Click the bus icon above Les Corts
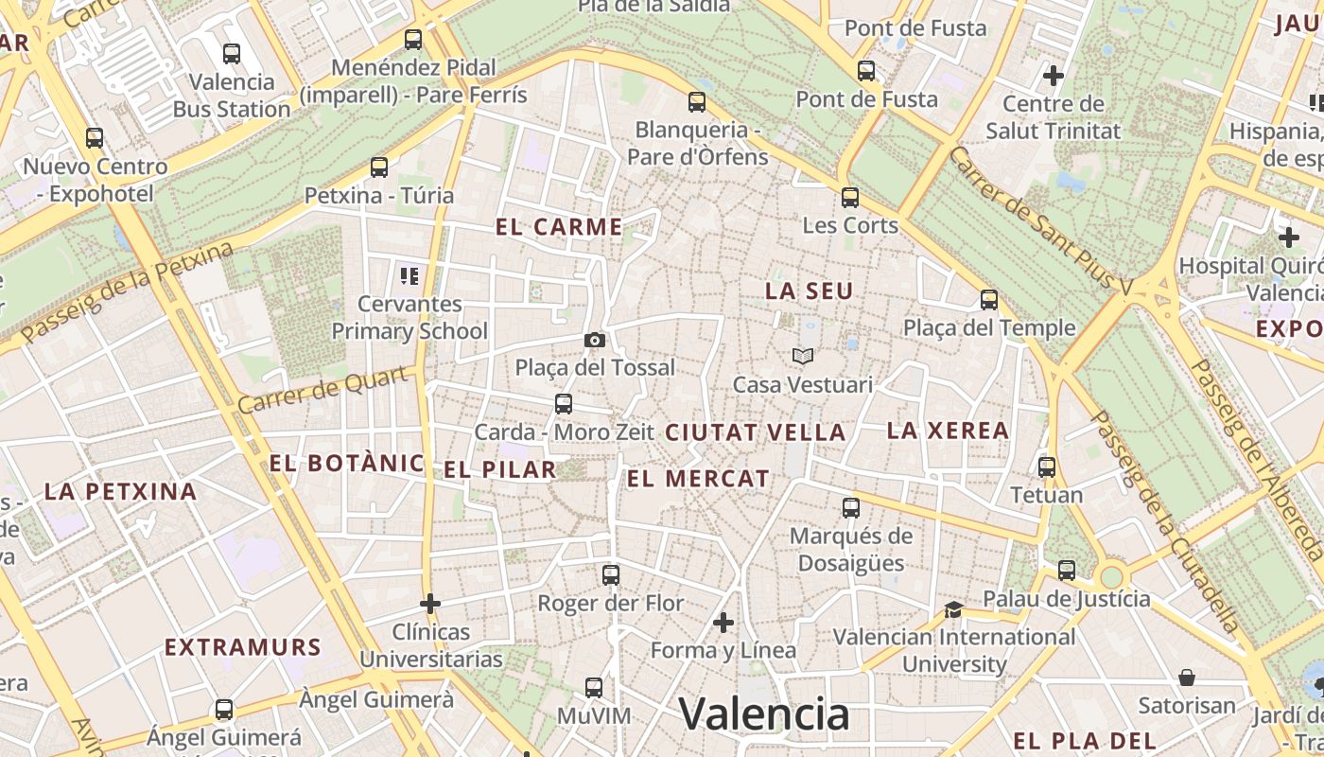(x=850, y=198)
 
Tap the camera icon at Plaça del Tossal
(x=595, y=340)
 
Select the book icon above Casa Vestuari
(x=803, y=357)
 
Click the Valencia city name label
(x=764, y=713)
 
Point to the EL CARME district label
(x=559, y=227)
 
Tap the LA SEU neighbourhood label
(x=810, y=291)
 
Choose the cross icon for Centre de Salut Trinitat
(x=1054, y=75)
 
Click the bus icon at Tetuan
(x=1047, y=467)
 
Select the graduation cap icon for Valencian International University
(x=953, y=609)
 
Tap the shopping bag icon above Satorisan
(x=1187, y=678)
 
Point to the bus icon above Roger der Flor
(x=611, y=574)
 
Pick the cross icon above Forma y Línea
(x=723, y=623)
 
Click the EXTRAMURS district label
(x=243, y=647)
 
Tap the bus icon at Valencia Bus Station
(x=232, y=54)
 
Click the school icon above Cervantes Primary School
(x=409, y=276)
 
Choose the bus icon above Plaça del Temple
(x=989, y=300)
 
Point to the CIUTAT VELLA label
(x=755, y=432)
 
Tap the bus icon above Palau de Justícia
(x=1067, y=571)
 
